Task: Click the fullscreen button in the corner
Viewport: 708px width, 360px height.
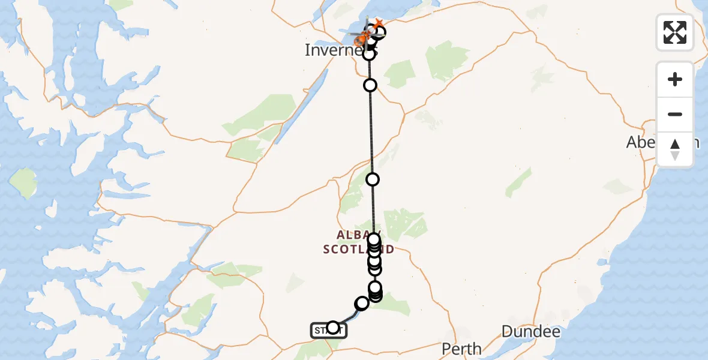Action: (674, 32)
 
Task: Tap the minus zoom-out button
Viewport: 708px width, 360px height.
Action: (674, 114)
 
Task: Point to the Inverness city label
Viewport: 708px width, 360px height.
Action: (333, 50)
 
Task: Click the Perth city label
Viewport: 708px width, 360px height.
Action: (461, 348)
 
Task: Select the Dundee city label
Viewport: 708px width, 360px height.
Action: (530, 331)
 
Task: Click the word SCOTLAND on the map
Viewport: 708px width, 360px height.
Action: (358, 249)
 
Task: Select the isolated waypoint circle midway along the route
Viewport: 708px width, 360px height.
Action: (373, 179)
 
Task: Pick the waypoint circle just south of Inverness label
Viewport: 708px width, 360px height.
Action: (370, 85)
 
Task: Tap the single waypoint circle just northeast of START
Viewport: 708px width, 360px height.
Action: (362, 304)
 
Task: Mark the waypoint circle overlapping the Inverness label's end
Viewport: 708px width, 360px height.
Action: (369, 54)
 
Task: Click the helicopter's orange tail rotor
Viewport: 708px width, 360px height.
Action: (378, 23)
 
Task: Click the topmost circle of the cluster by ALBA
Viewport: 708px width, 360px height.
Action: (374, 239)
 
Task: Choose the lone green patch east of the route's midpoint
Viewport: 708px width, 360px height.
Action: (518, 182)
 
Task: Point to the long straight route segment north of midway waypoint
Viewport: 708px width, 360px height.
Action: (371, 132)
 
